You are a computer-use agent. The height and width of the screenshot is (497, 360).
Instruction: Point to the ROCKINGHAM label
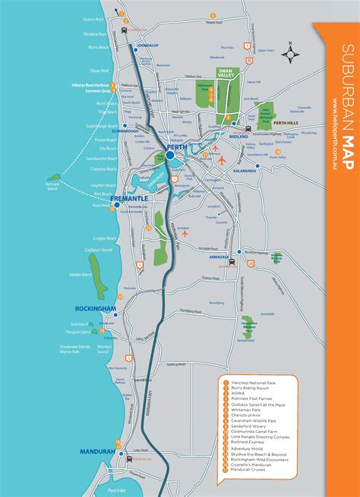click(x=96, y=309)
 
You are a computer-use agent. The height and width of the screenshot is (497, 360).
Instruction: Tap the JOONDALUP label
click(x=147, y=46)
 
